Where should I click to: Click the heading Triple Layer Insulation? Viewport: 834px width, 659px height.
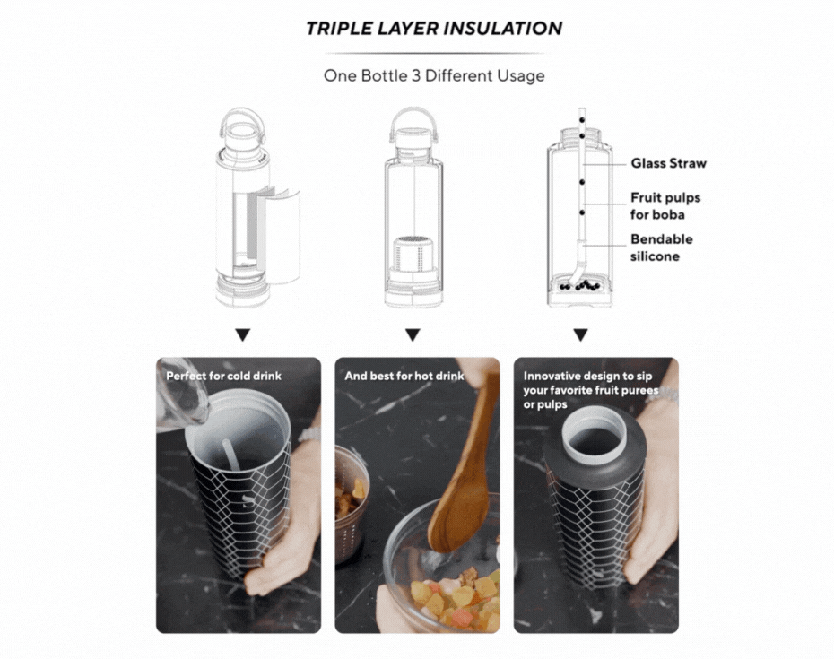(434, 28)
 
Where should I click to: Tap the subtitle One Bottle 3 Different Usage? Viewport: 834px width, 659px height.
(434, 75)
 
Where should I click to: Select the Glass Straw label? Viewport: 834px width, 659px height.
(669, 163)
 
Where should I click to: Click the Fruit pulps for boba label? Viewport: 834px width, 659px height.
(665, 206)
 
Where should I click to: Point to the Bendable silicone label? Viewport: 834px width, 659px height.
(662, 247)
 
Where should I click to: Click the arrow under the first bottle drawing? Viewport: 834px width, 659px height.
(243, 335)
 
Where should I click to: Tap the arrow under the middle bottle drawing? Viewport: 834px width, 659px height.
(413, 335)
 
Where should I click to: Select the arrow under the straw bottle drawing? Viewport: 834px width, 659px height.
(581, 335)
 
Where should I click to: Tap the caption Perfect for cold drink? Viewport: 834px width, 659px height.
(223, 376)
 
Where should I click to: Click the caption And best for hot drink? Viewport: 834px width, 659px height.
(404, 376)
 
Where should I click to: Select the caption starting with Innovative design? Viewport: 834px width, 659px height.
(590, 390)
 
